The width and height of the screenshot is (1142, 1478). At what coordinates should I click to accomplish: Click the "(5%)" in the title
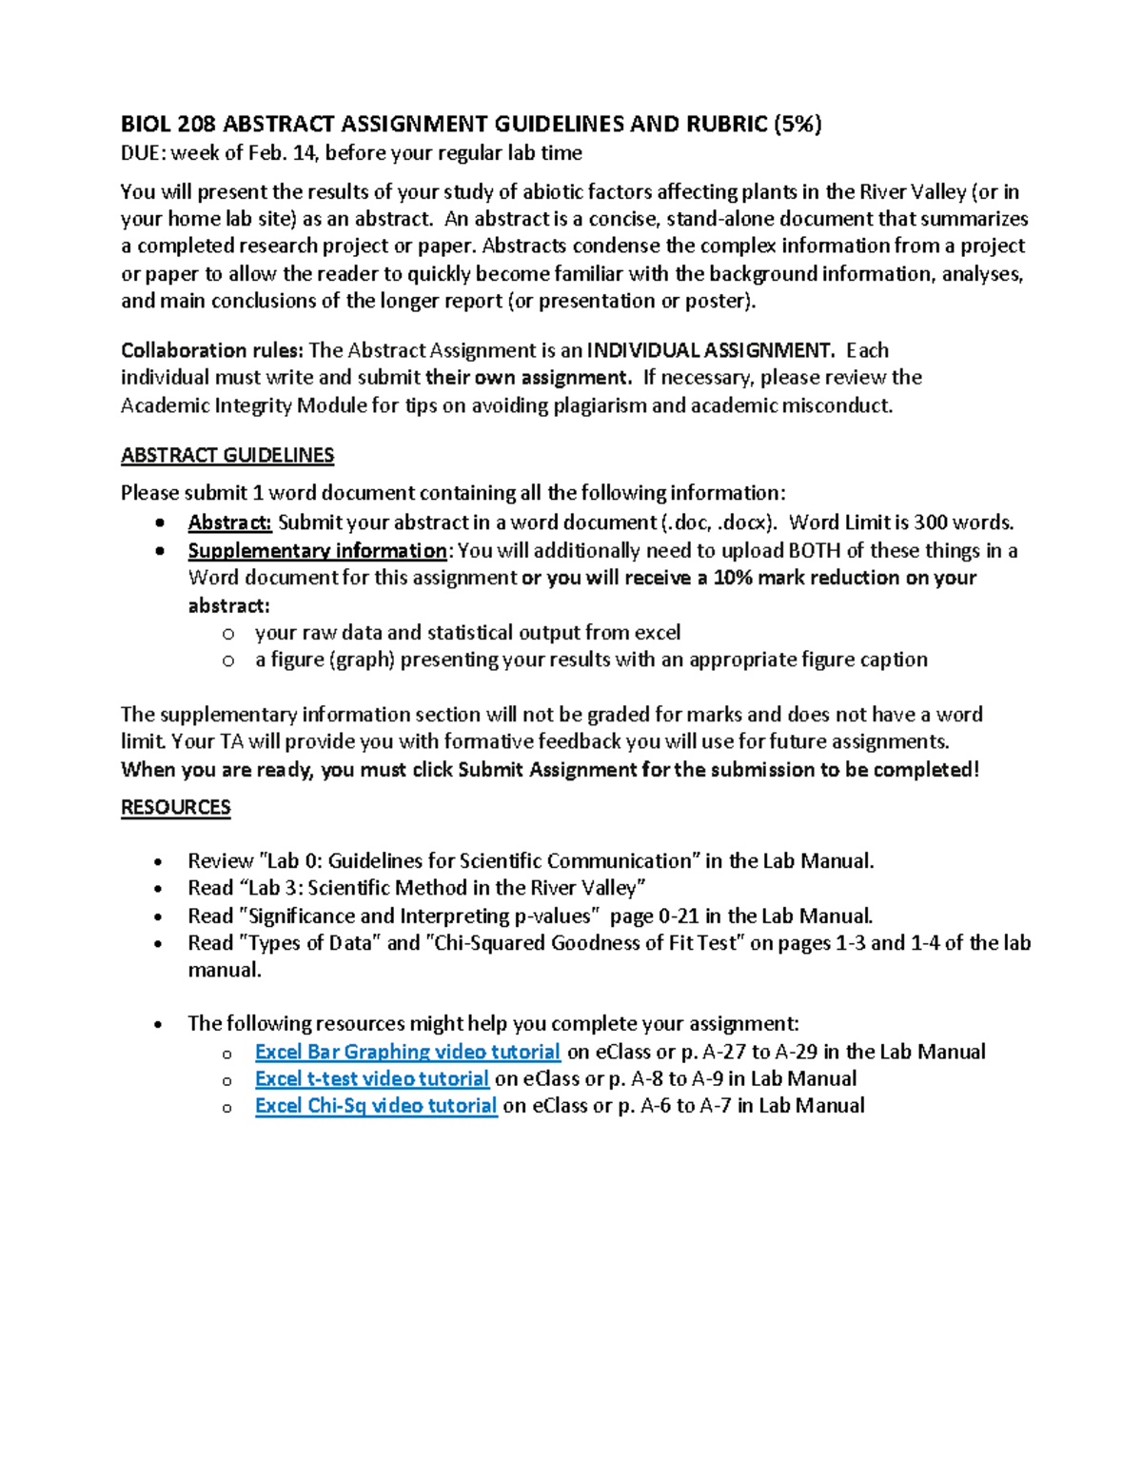point(797,124)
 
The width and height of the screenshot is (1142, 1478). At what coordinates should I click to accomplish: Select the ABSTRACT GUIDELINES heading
point(226,455)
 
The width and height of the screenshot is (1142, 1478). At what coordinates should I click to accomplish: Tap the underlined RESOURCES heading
point(175,807)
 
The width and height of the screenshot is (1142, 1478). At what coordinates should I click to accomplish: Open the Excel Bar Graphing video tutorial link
point(407,1052)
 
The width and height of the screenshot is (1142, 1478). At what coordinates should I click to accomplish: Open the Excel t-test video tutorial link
point(371,1078)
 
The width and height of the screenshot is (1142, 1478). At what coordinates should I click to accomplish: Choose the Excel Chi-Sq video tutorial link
point(376,1105)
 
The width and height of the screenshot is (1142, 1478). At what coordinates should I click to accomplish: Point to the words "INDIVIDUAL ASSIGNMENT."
point(710,350)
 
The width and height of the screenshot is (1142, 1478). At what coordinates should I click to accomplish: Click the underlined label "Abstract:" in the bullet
point(229,522)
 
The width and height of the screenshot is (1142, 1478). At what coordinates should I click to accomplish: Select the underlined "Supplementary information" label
point(317,551)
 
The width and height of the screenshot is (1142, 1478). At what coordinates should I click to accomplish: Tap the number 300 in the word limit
point(929,522)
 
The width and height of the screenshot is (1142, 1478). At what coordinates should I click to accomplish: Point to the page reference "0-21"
point(678,916)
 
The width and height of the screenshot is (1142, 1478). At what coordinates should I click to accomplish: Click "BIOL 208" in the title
point(167,124)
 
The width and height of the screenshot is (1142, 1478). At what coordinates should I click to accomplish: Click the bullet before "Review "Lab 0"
point(159,862)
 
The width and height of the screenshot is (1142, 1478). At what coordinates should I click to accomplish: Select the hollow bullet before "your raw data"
point(227,634)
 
